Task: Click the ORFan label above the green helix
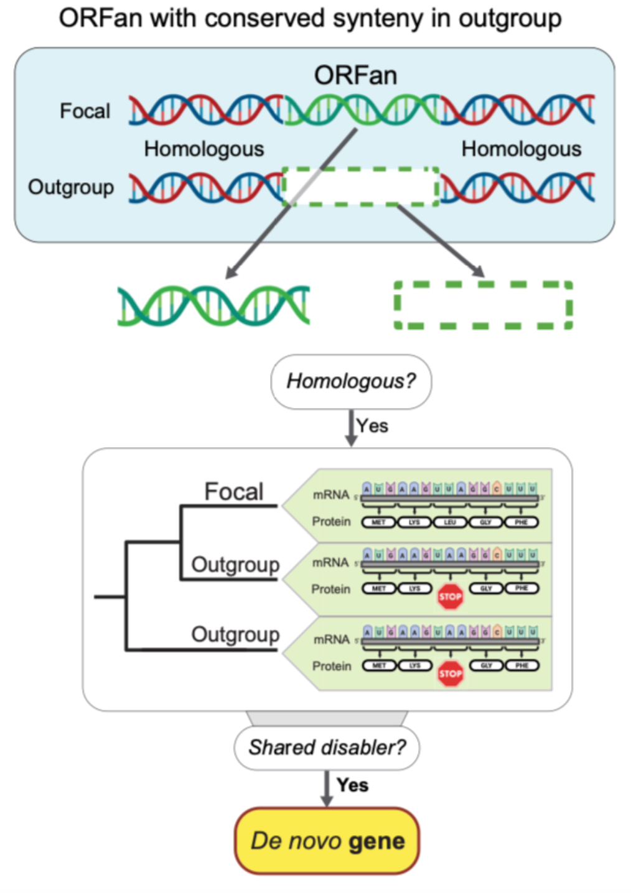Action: [x=355, y=76]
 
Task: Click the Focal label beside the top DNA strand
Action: [x=85, y=111]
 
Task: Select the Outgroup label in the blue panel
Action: [x=71, y=187]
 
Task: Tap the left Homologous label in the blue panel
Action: [x=204, y=149]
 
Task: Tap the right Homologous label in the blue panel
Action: [x=521, y=149]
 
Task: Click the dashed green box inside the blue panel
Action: [x=361, y=186]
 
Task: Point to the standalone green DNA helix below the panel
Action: [x=213, y=305]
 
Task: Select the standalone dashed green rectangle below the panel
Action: [x=484, y=305]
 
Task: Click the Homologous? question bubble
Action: [x=351, y=381]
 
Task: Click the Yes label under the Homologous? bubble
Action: [x=373, y=426]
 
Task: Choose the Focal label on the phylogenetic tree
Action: [x=234, y=491]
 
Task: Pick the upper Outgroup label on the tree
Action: [x=235, y=565]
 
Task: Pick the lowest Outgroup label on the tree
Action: [x=235, y=634]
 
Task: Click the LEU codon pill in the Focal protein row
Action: [x=450, y=522]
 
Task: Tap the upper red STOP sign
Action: [x=450, y=597]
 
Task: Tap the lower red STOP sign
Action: [x=450, y=673]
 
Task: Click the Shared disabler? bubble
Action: [x=327, y=747]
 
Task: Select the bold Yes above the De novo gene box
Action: [x=352, y=785]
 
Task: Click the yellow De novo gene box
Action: [x=327, y=841]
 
